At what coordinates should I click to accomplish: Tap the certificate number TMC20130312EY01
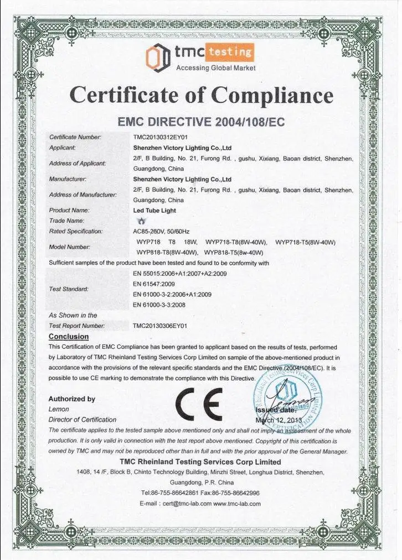(x=160, y=136)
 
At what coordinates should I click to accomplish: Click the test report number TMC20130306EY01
(x=160, y=326)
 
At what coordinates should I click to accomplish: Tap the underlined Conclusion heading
(x=69, y=337)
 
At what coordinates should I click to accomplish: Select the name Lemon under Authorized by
(x=59, y=409)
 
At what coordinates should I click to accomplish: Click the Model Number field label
(x=69, y=247)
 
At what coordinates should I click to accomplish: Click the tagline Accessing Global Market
(x=215, y=68)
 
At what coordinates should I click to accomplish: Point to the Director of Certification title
(x=83, y=420)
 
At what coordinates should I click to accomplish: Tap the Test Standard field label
(x=68, y=289)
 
